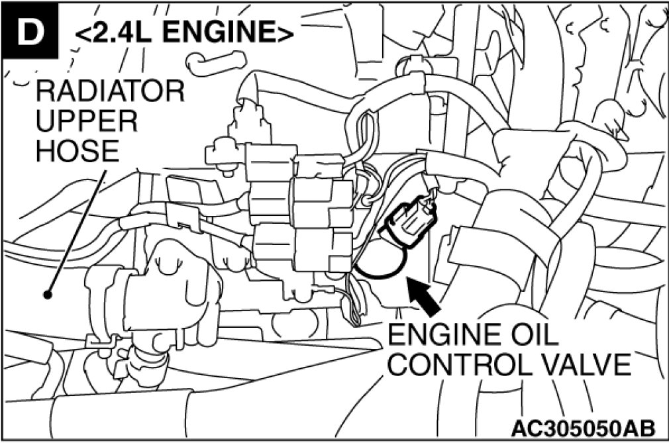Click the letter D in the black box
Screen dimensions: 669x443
pyautogui.click(x=28, y=31)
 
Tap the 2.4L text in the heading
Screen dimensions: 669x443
pyautogui.click(x=118, y=30)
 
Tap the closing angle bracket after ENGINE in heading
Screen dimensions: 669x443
pyautogui.click(x=285, y=31)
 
